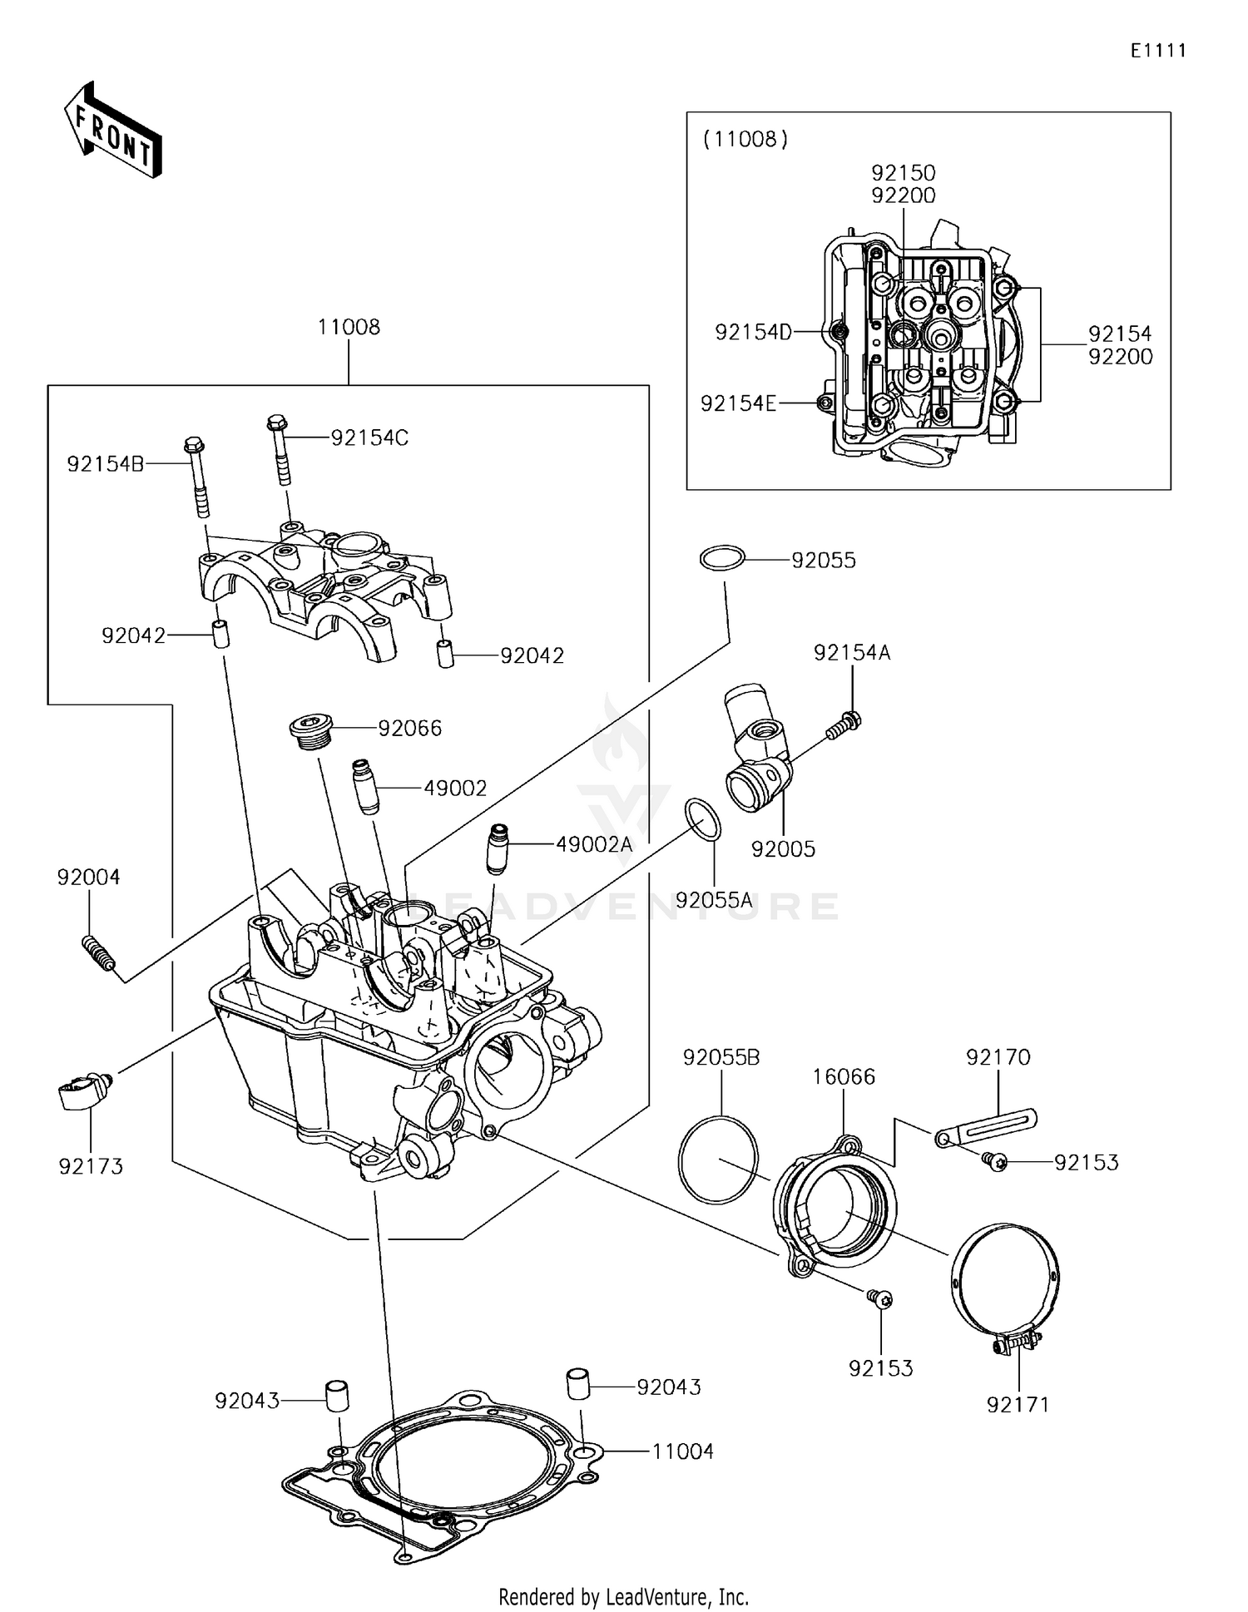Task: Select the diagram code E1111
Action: [x=1157, y=51]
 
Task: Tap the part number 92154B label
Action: [x=106, y=463]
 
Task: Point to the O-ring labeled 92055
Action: [x=721, y=558]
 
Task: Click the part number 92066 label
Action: [x=409, y=728]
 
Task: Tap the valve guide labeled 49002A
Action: [x=498, y=848]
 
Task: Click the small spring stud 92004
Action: [x=98, y=953]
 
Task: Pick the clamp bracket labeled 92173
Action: [x=81, y=1092]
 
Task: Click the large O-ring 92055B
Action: [x=718, y=1160]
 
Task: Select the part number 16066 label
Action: [x=844, y=1076]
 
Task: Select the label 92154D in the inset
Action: [x=753, y=332]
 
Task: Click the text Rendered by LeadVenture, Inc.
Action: [x=623, y=1596]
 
